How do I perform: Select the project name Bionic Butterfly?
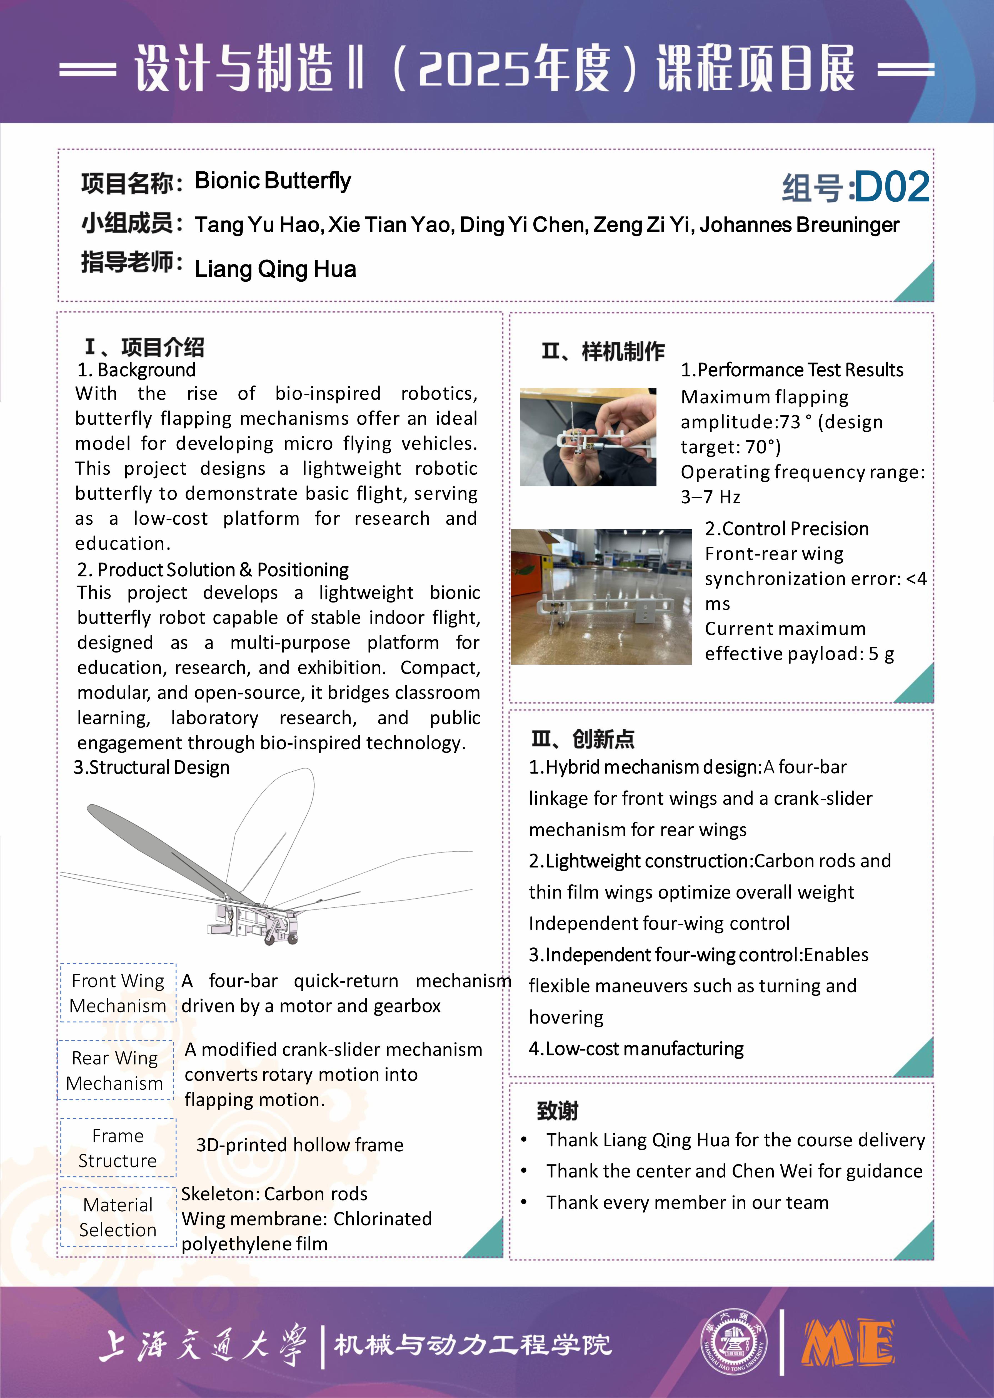pyautogui.click(x=273, y=181)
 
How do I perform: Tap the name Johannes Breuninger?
pyautogui.click(x=799, y=225)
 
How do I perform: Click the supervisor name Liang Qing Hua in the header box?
pyautogui.click(x=275, y=269)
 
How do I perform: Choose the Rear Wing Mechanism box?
pyautogui.click(x=115, y=1070)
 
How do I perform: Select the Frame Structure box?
pyautogui.click(x=118, y=1148)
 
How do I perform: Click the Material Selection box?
pyautogui.click(x=118, y=1217)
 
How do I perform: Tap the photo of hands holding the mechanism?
pyautogui.click(x=588, y=437)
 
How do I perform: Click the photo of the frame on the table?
pyautogui.click(x=601, y=597)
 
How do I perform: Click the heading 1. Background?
pyautogui.click(x=136, y=370)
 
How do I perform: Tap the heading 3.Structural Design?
pyautogui.click(x=152, y=767)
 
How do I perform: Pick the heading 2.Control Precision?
pyautogui.click(x=786, y=529)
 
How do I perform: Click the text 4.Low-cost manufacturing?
pyautogui.click(x=636, y=1049)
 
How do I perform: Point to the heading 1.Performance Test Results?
pyautogui.click(x=792, y=370)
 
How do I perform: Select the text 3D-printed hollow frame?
pyautogui.click(x=300, y=1145)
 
